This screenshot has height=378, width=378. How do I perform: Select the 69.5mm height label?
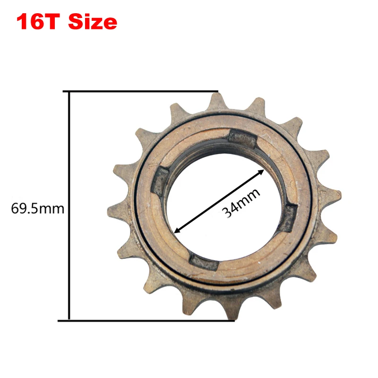[37, 208]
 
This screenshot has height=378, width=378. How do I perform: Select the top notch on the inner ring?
[242, 139]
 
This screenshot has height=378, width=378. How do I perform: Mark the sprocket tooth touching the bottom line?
[226, 309]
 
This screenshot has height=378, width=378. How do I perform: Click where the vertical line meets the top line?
[69, 91]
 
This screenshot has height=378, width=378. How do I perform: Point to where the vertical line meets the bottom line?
[69, 320]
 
